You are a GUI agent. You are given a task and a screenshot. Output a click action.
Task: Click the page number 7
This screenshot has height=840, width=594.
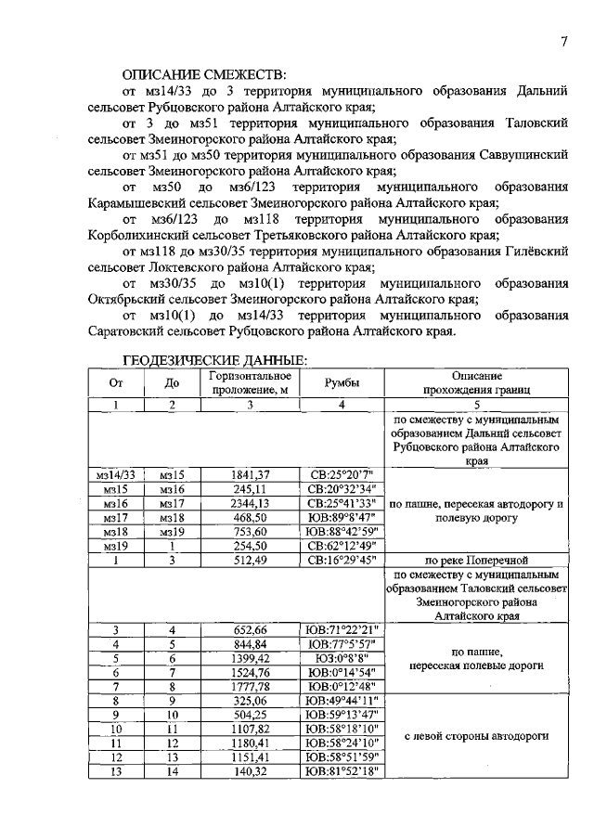click(563, 40)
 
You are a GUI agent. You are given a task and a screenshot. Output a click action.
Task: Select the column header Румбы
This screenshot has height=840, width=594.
click(342, 383)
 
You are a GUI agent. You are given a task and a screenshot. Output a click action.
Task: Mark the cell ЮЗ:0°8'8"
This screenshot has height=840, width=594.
click(342, 658)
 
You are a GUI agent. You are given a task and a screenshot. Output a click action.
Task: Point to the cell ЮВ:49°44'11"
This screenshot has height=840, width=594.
click(342, 701)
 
